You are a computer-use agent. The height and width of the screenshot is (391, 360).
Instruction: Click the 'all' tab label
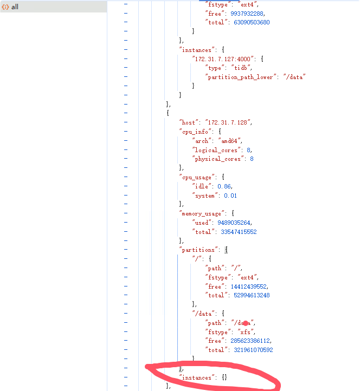tap(15, 7)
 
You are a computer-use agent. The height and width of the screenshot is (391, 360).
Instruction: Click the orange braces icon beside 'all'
tap(5, 7)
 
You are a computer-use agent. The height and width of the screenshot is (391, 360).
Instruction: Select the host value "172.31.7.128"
tap(228, 122)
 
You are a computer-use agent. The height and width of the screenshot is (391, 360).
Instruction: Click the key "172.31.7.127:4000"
tap(224, 58)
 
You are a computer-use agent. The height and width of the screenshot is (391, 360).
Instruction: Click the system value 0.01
tap(230, 196)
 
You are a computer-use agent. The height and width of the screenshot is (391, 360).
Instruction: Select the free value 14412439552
tap(249, 286)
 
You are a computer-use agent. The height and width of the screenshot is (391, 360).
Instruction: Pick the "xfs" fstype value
tap(247, 331)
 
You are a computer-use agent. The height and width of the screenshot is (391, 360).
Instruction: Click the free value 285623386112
tap(250, 341)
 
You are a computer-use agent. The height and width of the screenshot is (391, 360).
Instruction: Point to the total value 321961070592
tap(253, 350)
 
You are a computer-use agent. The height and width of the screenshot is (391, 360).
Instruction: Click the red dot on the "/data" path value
tap(246, 323)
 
